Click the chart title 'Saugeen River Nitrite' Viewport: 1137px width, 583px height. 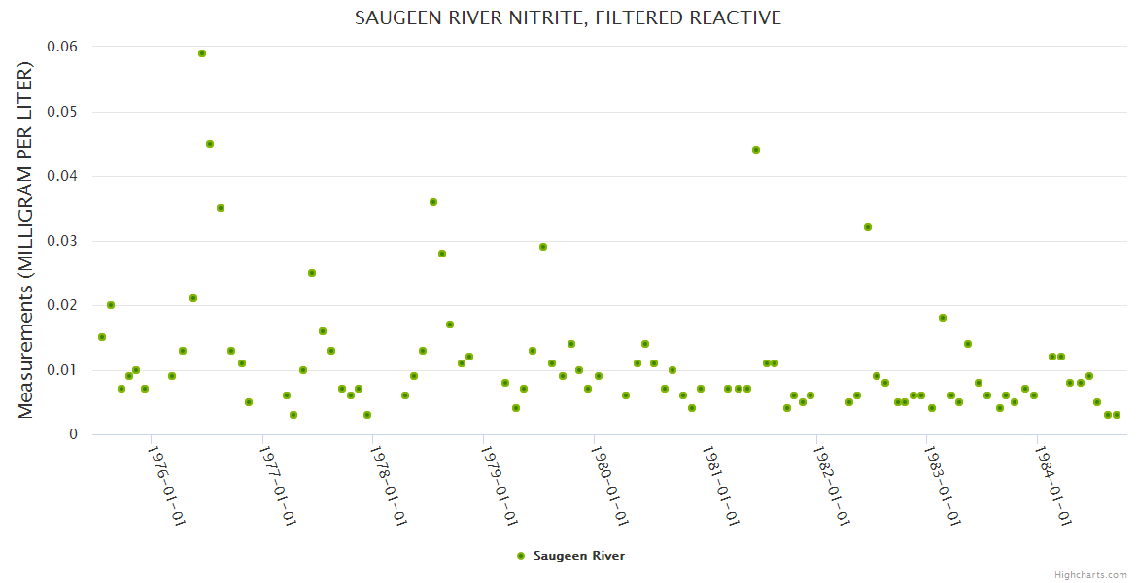(568, 17)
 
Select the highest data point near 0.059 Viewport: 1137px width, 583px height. (202, 53)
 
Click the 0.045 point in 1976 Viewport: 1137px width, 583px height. (210, 144)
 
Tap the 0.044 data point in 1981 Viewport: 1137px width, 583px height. (756, 150)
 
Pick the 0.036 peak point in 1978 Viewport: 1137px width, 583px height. (433, 202)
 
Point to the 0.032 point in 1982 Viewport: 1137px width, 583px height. (868, 227)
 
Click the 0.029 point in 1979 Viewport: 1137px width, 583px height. (543, 247)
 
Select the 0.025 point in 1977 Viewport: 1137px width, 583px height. (312, 273)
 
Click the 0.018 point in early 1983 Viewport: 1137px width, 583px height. (943, 318)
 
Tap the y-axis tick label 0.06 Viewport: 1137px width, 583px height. (61, 47)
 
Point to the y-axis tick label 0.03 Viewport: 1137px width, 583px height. (61, 241)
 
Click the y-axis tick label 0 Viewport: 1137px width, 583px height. (73, 434)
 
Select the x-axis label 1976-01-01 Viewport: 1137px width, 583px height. (166, 486)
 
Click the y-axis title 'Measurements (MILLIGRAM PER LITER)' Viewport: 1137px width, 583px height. (26, 240)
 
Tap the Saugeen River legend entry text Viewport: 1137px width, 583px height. (579, 556)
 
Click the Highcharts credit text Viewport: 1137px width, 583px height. (1090, 574)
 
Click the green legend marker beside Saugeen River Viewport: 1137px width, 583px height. (521, 556)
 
